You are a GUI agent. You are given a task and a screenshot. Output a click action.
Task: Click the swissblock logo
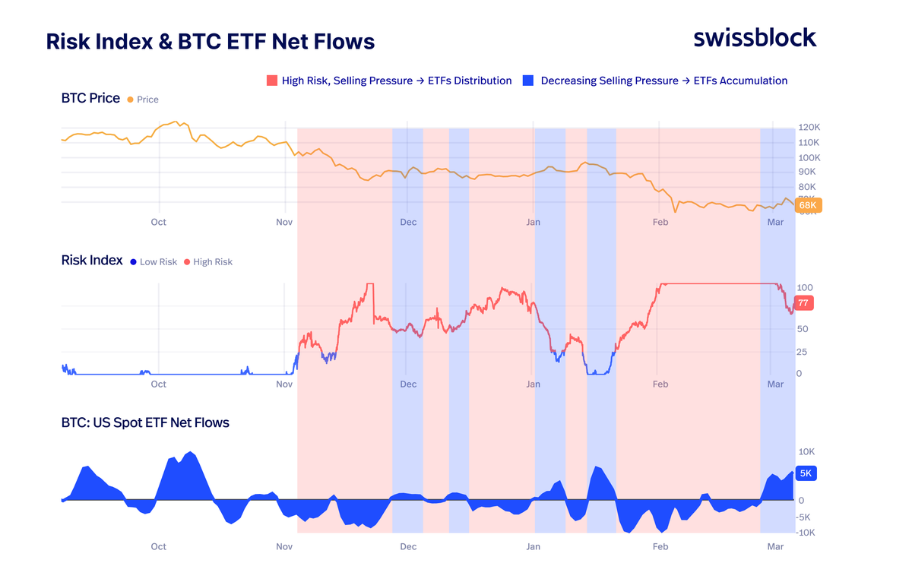pos(755,38)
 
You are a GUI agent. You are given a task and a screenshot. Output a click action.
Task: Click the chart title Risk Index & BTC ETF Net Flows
pos(211,41)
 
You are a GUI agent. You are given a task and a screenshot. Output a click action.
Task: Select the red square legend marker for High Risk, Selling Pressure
pos(272,81)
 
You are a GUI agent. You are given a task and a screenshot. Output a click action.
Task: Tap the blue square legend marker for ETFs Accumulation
pos(529,81)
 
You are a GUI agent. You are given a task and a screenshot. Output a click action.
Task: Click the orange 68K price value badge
pos(807,206)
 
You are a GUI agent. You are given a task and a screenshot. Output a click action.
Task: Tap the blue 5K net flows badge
pos(806,473)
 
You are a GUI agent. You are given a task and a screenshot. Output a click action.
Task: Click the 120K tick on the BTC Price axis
pos(809,128)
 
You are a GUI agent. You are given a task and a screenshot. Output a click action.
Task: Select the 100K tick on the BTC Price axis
pos(809,157)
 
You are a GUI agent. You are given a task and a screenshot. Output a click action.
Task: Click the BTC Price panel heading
pos(90,98)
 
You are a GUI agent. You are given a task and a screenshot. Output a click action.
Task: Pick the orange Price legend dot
pos(131,100)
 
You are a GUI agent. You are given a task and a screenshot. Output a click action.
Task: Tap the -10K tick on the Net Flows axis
pos(806,533)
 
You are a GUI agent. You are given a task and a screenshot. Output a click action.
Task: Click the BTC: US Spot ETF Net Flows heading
pos(145,422)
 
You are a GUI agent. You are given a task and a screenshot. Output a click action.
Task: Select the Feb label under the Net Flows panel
pos(660,546)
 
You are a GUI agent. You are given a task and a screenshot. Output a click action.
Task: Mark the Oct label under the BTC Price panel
pos(158,222)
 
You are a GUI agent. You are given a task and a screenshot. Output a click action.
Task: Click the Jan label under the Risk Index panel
pos(534,384)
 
